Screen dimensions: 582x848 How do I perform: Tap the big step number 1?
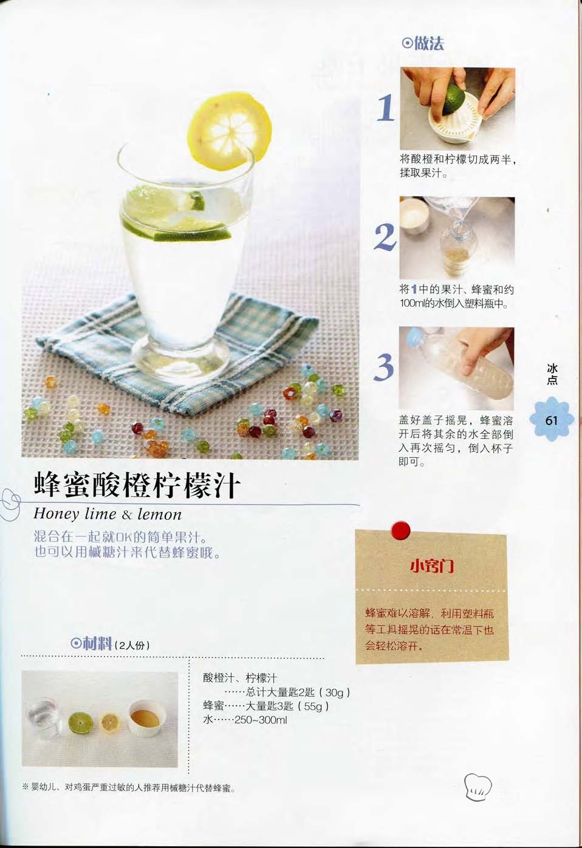[x=386, y=108]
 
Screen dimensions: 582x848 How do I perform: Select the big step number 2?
[x=385, y=237]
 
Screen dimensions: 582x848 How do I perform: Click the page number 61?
[x=551, y=420]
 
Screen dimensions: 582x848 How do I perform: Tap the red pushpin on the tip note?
[x=400, y=530]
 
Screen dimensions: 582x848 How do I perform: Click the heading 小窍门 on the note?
[x=432, y=566]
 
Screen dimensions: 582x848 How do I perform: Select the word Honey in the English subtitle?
[x=56, y=514]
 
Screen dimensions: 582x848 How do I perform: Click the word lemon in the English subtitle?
[x=159, y=514]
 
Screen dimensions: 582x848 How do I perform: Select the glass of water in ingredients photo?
[x=44, y=719]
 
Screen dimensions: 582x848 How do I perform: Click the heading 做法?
[x=423, y=44]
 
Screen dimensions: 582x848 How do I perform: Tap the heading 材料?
[x=92, y=643]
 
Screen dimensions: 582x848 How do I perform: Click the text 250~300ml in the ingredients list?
[x=261, y=720]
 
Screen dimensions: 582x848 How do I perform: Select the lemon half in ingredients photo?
[x=110, y=723]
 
